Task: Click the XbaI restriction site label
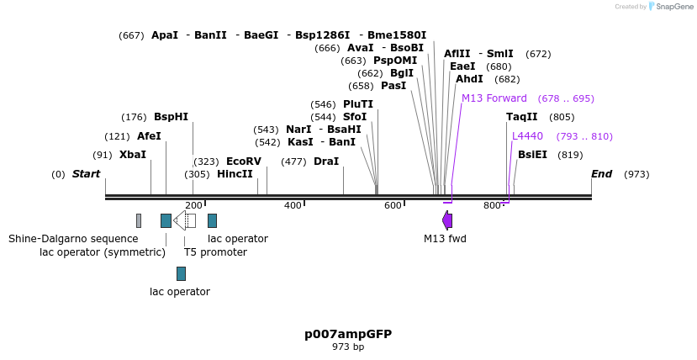[132, 155]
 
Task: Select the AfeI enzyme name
[149, 136]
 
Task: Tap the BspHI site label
[171, 117]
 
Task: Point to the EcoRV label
[244, 161]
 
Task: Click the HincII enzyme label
[235, 174]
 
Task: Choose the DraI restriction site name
[326, 161]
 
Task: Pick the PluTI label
[358, 104]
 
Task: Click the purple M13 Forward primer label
[494, 98]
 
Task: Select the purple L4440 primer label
[528, 136]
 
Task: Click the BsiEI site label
[532, 155]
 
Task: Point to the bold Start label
[86, 174]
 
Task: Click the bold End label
[601, 174]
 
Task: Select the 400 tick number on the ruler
[293, 205]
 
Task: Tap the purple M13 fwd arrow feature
[447, 220]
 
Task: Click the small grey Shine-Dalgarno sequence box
[139, 220]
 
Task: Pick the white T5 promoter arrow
[185, 220]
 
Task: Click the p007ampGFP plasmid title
[348, 334]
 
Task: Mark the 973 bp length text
[348, 347]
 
